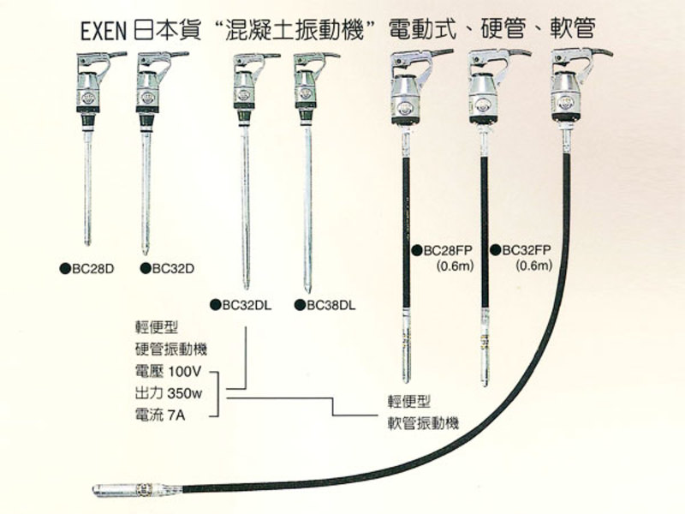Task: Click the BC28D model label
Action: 90,268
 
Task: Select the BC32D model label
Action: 172,268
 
